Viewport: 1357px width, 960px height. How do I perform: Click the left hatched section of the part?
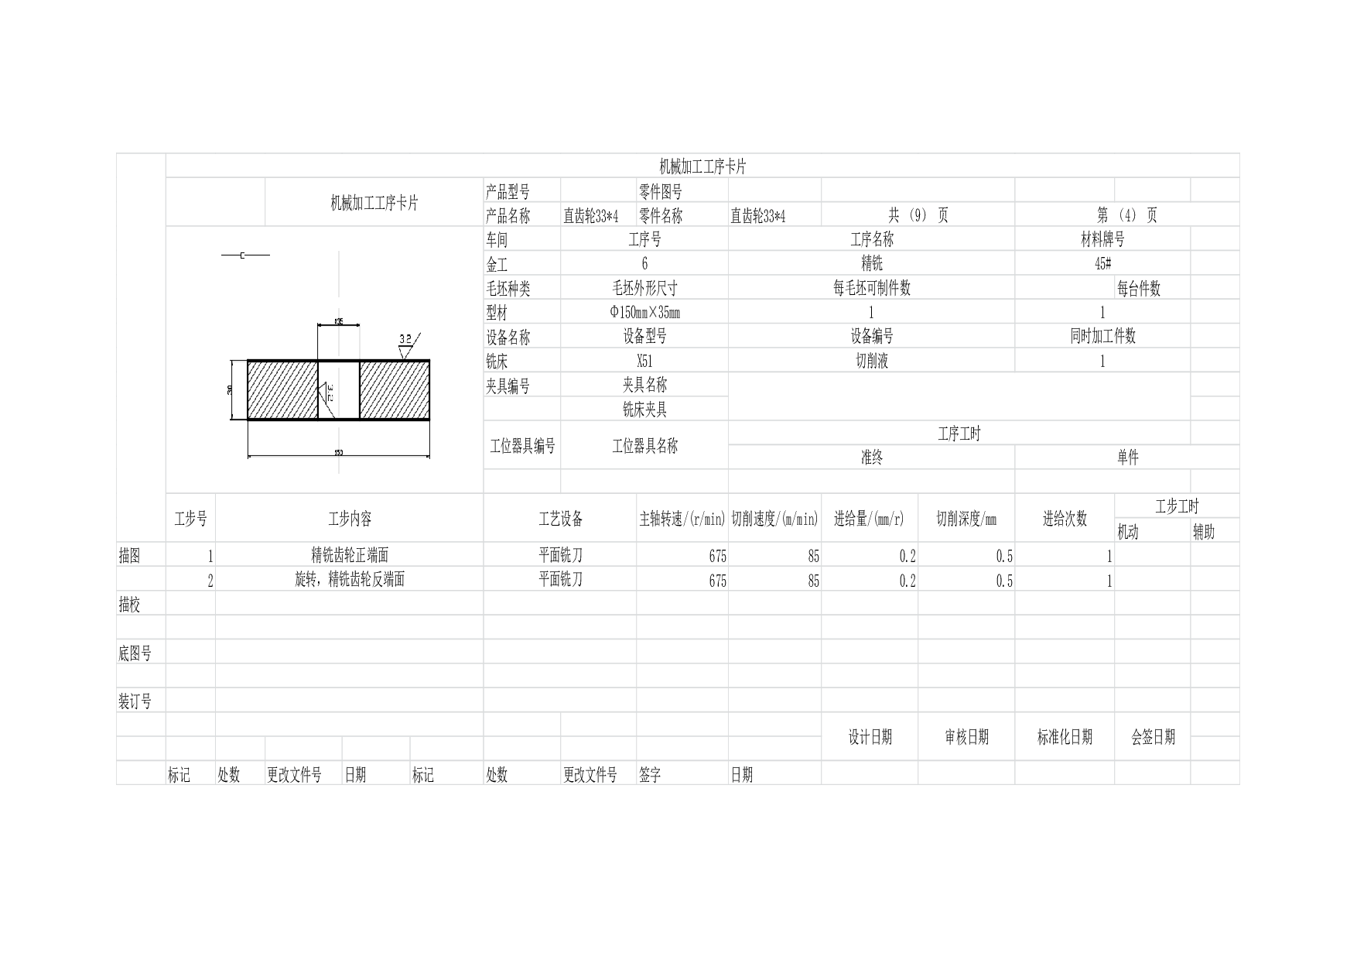(x=282, y=390)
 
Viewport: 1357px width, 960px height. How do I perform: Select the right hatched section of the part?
(x=395, y=390)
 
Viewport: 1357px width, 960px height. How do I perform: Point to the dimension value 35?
(x=338, y=321)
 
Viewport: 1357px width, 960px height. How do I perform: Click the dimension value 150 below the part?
(x=338, y=452)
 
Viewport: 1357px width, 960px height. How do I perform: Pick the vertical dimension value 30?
(x=230, y=390)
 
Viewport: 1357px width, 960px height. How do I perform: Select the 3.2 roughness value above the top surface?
(x=405, y=338)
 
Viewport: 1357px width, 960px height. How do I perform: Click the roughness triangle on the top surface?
(x=404, y=353)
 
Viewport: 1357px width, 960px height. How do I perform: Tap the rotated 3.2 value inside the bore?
(x=330, y=392)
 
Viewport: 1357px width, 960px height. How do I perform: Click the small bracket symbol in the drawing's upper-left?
(x=241, y=255)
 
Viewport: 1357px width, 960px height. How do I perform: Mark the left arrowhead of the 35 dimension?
(x=320, y=327)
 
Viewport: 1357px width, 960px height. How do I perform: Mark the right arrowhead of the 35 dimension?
(x=357, y=327)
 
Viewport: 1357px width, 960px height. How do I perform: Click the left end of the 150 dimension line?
(x=249, y=457)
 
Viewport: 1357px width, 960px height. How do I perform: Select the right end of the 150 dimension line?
(x=429, y=457)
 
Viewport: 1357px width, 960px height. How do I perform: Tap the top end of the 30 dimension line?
(x=233, y=362)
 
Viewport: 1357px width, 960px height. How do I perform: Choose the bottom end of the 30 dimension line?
(x=233, y=419)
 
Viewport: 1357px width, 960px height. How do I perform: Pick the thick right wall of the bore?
(x=360, y=390)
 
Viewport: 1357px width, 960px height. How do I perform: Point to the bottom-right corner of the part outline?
(x=429, y=420)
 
